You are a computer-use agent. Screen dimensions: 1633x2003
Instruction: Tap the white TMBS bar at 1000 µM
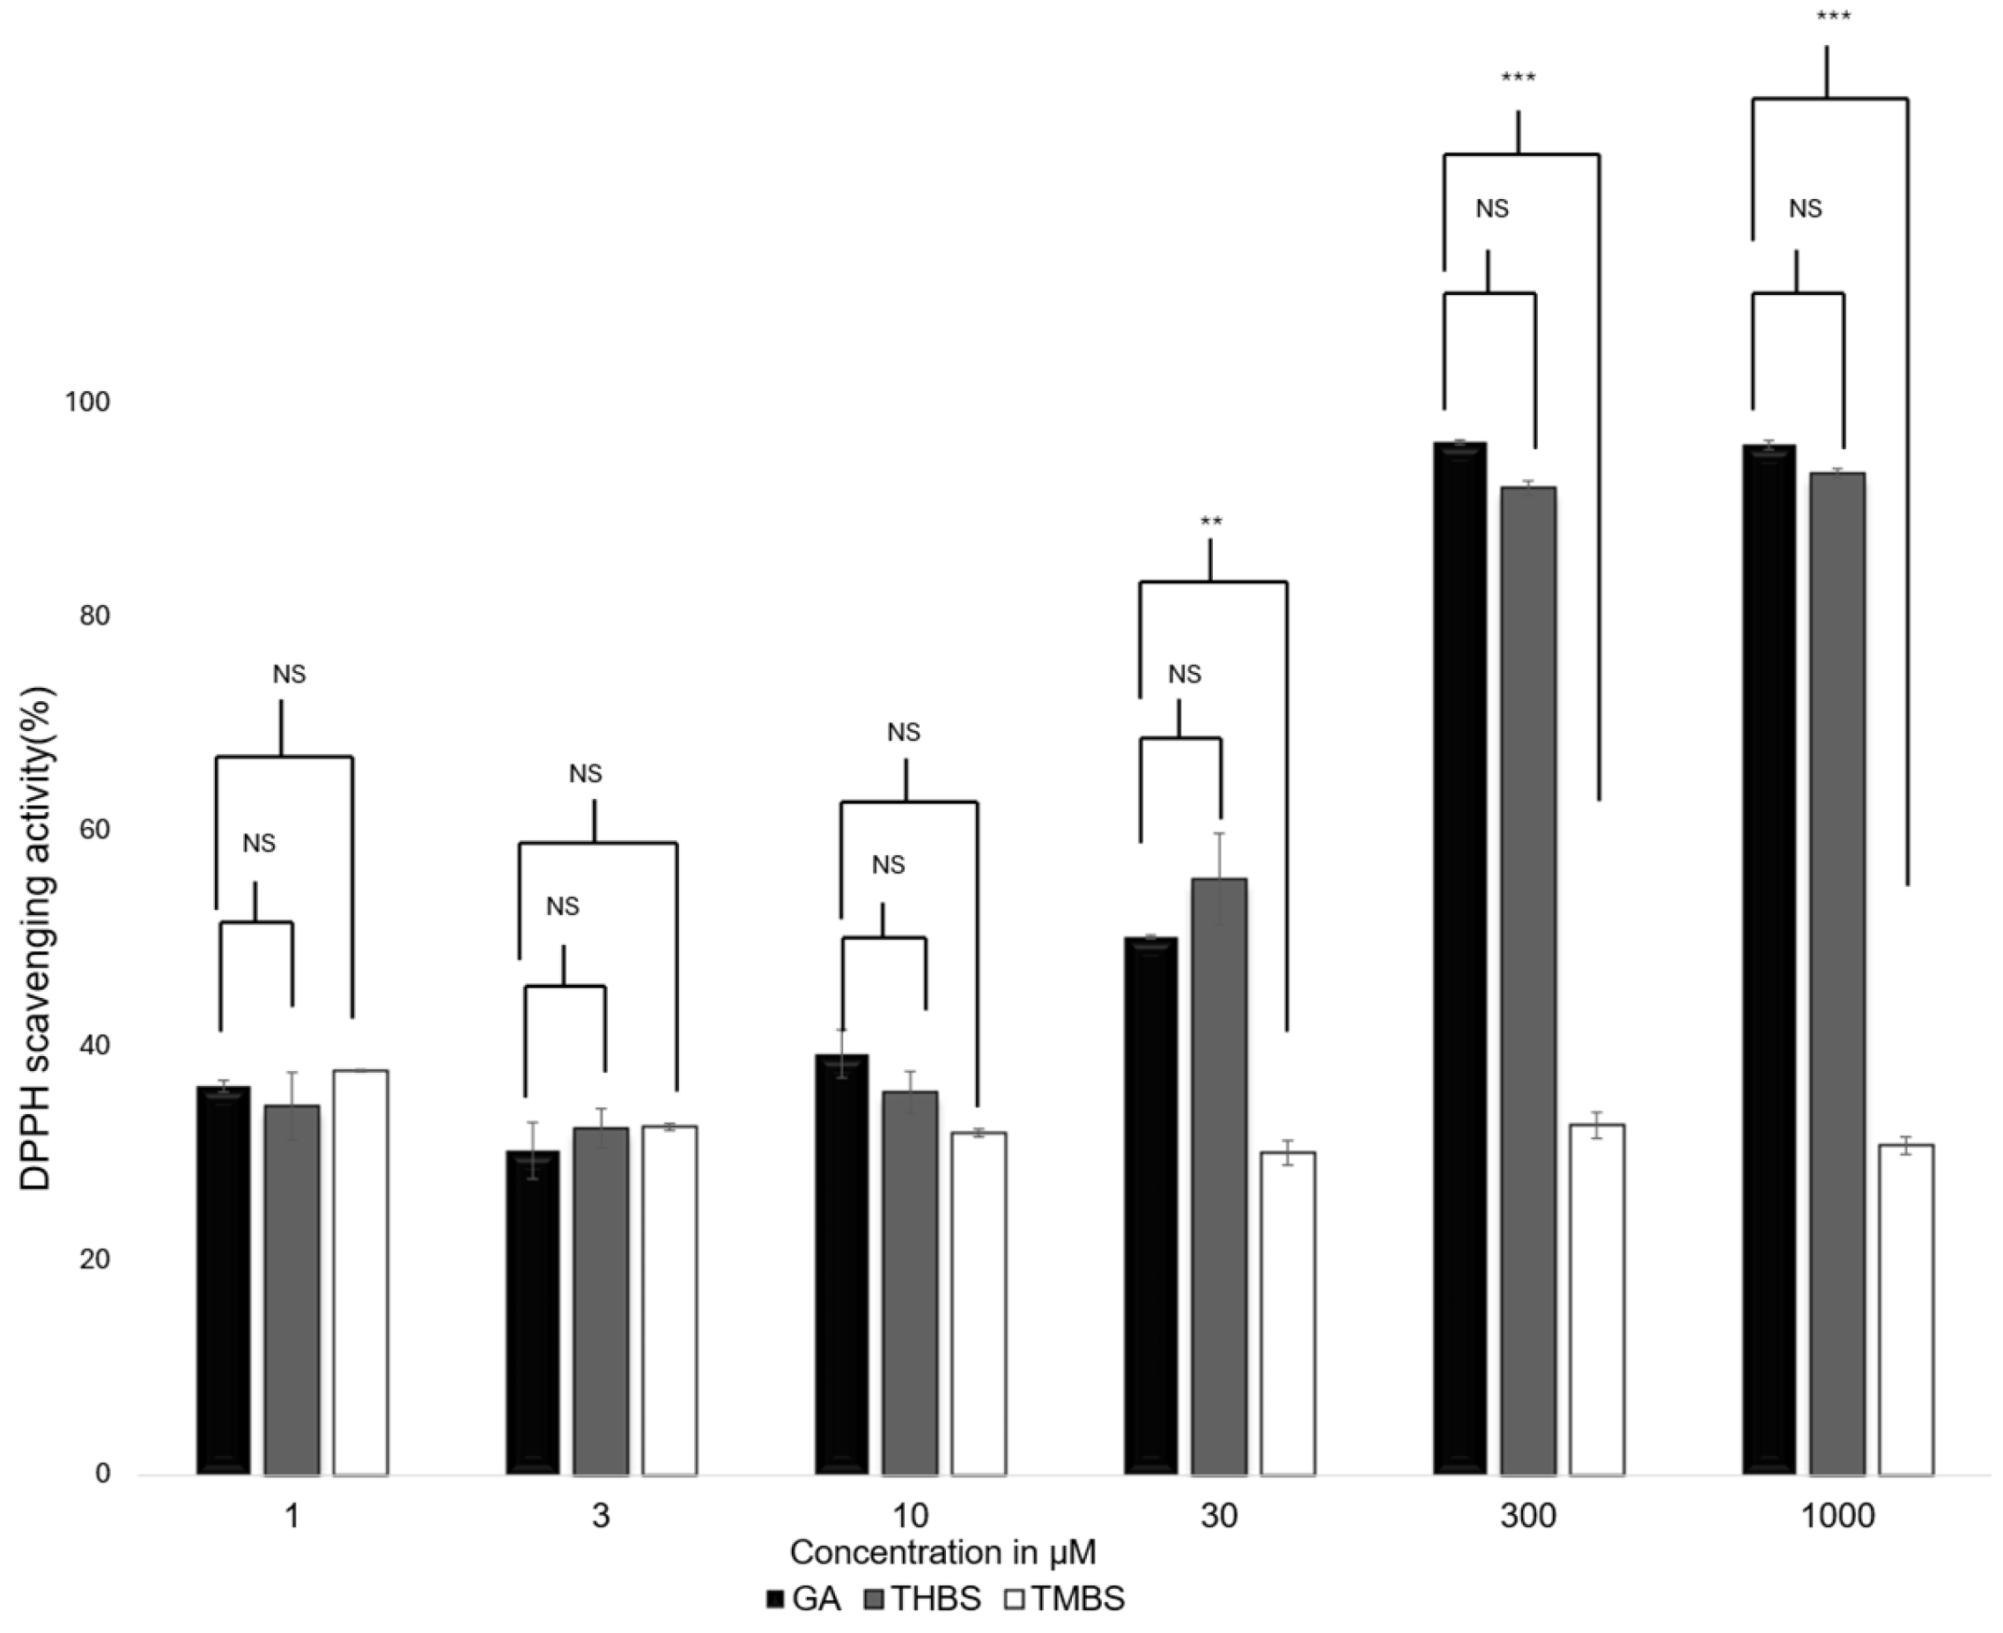[x=1905, y=1307]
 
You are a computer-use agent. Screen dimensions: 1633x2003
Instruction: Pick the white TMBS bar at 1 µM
[x=360, y=1270]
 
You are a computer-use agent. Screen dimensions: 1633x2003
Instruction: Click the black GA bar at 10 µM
[x=841, y=1260]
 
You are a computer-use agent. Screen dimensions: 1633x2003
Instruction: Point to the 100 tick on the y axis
[x=86, y=402]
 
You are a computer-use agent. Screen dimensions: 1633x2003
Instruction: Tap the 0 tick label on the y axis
[x=101, y=1473]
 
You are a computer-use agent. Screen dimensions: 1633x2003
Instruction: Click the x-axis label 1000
[x=1837, y=1517]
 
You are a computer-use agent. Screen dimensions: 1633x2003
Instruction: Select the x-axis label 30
[x=1218, y=1517]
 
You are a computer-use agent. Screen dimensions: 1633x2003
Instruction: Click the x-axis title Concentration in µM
[x=942, y=1552]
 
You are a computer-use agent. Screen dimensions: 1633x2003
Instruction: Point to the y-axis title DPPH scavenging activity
[x=38, y=938]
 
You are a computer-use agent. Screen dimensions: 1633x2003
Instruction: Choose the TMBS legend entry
[x=1065, y=1598]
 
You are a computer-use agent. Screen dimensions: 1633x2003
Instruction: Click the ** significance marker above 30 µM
[x=1211, y=522]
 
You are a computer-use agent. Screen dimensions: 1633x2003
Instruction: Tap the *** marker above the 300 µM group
[x=1518, y=78]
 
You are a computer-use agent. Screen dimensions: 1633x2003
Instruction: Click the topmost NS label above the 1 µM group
[x=289, y=674]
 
